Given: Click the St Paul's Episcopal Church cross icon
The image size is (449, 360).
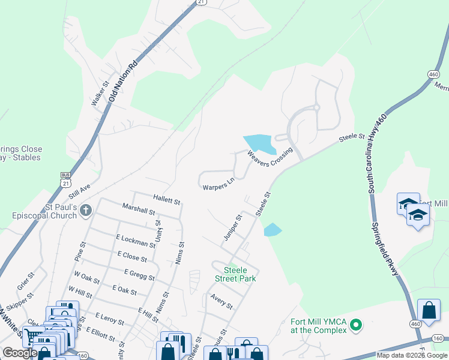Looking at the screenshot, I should tap(86, 210).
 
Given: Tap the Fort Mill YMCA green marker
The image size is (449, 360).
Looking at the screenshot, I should tap(356, 326).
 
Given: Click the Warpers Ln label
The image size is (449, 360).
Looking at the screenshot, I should tap(218, 183).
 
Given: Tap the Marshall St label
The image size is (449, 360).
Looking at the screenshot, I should tap(139, 212).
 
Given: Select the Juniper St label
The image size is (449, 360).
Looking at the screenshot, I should tap(232, 227).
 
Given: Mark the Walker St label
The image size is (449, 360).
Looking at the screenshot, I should tap(98, 94).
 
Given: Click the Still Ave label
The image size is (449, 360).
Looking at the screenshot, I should tap(79, 191).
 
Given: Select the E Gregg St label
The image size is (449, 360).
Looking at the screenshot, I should tap(139, 275).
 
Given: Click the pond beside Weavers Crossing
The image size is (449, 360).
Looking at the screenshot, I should tap(259, 143).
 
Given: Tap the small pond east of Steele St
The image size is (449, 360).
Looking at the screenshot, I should tap(273, 230).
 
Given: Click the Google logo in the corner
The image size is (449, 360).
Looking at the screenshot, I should tap(20, 353).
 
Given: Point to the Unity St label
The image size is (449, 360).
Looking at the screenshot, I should tap(158, 231).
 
